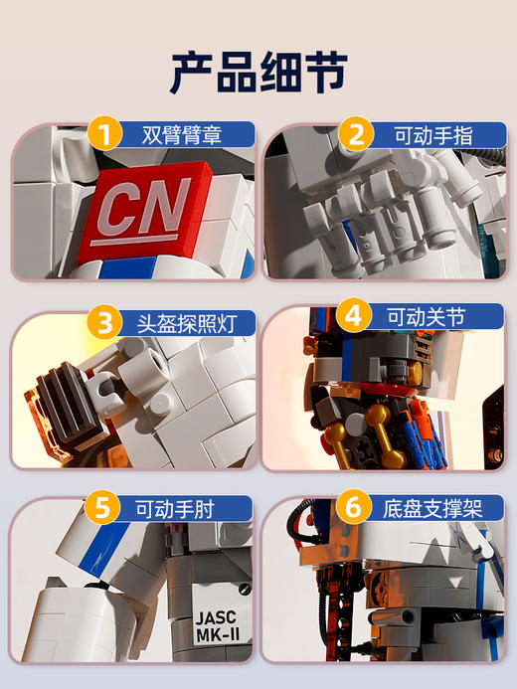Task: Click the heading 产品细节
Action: click(258, 73)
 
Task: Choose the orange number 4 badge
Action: click(354, 315)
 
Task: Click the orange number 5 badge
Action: click(101, 507)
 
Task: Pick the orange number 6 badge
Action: click(353, 506)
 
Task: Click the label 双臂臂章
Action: click(181, 135)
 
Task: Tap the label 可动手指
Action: click(433, 135)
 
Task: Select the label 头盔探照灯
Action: click(187, 324)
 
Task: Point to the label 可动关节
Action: click(427, 317)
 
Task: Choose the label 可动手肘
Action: click(174, 509)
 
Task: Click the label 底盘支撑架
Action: click(432, 509)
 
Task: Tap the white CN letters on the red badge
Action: click(144, 207)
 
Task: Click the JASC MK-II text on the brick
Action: click(217, 626)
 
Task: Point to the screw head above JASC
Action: click(245, 589)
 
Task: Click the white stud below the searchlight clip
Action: click(161, 403)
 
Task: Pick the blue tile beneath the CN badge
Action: click(127, 267)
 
